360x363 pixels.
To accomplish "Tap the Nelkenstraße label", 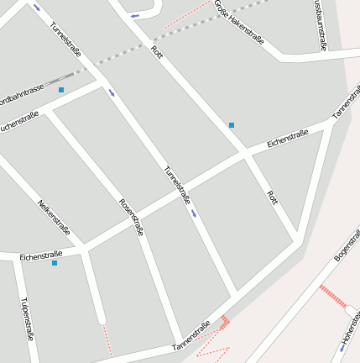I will pos(55,218).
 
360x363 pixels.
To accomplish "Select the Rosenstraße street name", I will pos(132,216).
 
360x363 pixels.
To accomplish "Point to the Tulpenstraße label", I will pos(26,318).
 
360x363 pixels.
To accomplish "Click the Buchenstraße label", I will pos(18,123).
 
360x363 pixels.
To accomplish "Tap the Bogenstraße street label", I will pos(347,242).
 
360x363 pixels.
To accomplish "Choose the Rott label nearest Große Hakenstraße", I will pos(156,51).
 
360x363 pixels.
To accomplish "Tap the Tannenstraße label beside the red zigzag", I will pos(191,335).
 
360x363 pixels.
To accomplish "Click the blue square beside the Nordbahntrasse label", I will pos(61,89).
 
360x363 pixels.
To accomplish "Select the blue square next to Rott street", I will pos(232,125).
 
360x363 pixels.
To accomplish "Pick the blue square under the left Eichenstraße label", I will pos(55,263).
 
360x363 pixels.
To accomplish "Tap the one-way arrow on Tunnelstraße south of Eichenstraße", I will pos(195,213).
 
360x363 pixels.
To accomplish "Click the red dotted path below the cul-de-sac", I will pos(106,339).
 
